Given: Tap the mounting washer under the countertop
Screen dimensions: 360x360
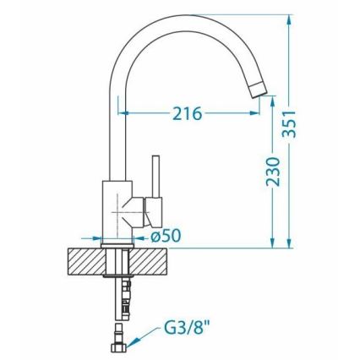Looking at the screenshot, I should pos(116,277).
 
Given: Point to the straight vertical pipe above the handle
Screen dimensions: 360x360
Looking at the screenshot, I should pos(117,127).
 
